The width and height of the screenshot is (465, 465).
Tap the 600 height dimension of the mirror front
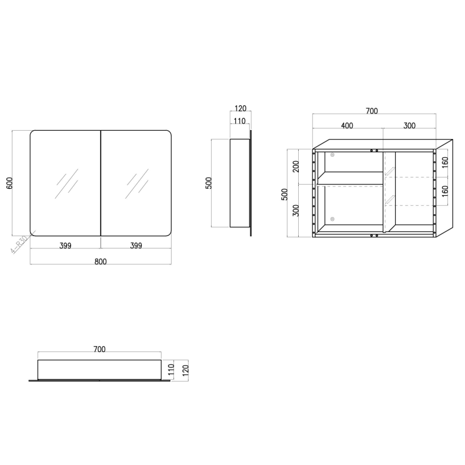(x=9, y=183)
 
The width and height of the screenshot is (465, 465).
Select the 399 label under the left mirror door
(x=65, y=246)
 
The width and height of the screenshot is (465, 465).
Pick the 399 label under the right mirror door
(x=136, y=246)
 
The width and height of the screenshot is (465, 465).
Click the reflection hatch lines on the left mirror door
(x=66, y=183)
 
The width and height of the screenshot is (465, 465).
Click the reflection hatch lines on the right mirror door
(x=137, y=183)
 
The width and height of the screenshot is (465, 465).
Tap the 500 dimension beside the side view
(x=208, y=183)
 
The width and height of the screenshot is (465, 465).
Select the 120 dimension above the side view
(x=240, y=109)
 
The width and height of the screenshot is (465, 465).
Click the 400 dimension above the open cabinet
(x=347, y=125)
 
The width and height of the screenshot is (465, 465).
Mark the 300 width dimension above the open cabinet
(x=409, y=125)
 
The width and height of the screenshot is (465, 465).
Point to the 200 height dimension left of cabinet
(x=296, y=166)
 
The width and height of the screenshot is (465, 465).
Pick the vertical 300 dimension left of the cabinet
(x=296, y=209)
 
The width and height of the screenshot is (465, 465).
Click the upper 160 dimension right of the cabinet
(x=445, y=162)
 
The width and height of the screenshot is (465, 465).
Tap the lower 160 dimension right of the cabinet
(x=445, y=191)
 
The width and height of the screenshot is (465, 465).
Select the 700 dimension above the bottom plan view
(x=99, y=350)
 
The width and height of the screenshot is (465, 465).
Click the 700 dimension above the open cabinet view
(x=372, y=111)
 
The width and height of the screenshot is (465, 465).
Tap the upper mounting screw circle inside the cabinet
(x=332, y=155)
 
